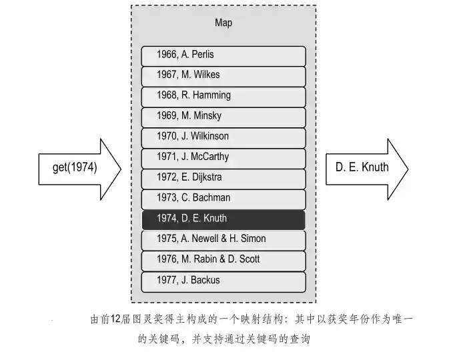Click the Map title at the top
tap(223, 23)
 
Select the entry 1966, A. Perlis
tap(223, 55)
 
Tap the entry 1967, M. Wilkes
tap(223, 75)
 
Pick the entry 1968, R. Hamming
tap(223, 95)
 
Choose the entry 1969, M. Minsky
tap(223, 116)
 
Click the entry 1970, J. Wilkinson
tap(223, 137)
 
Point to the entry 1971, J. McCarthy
tap(223, 157)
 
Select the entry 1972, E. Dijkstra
tap(223, 178)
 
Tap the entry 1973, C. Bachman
tap(223, 198)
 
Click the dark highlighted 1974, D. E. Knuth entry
tap(223, 219)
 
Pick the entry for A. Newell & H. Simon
tap(223, 239)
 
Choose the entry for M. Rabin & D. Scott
tap(223, 259)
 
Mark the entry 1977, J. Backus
tap(223, 280)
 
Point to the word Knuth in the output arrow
tap(375, 167)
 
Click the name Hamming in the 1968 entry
tap(211, 95)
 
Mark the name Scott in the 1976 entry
tap(247, 259)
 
